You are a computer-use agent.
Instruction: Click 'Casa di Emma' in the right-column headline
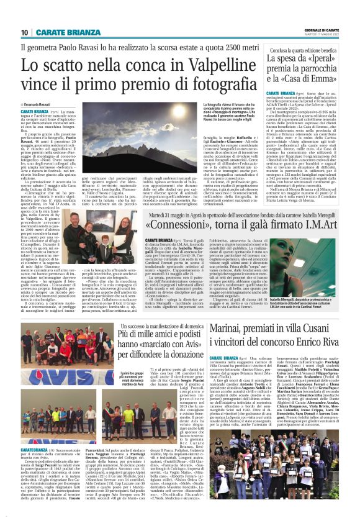[320, 79]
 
